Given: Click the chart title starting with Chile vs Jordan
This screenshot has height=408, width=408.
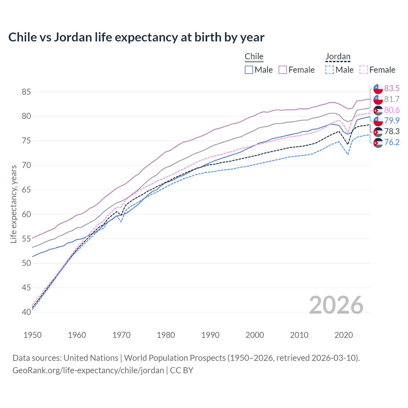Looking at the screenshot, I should (x=136, y=37).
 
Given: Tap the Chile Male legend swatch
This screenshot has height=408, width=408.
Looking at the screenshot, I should (x=249, y=70).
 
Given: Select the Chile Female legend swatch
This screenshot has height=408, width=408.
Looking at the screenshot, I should (x=283, y=70).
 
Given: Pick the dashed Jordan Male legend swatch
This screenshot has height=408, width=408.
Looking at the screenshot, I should (x=330, y=70).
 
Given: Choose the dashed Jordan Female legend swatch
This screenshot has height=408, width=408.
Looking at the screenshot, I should (x=363, y=70).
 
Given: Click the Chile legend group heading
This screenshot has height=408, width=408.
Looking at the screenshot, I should (x=254, y=57).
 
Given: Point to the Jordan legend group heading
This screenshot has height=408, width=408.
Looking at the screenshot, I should (x=338, y=57).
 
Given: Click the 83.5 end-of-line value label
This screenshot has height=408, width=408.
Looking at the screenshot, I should (x=392, y=88).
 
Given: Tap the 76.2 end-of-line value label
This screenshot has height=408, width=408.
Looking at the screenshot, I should (x=392, y=142).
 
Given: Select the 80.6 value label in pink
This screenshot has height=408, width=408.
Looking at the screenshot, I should (x=392, y=110).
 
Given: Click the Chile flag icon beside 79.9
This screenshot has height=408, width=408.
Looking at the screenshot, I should (x=378, y=121).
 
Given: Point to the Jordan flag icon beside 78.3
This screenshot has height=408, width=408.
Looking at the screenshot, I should (x=378, y=132).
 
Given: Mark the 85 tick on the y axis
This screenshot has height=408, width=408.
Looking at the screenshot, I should (x=26, y=92).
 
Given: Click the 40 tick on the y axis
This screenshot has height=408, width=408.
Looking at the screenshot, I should (x=26, y=312).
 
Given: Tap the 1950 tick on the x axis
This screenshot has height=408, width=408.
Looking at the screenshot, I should (x=33, y=335).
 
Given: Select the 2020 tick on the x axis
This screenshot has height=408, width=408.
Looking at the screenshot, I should (x=344, y=335).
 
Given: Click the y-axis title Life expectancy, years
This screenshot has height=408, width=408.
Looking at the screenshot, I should (x=13, y=204).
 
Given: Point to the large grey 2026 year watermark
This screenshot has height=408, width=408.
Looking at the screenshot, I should (x=336, y=305).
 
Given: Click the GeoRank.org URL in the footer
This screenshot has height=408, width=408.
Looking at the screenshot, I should (x=88, y=370).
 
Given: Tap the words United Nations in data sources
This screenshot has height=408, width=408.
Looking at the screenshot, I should (x=91, y=358).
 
